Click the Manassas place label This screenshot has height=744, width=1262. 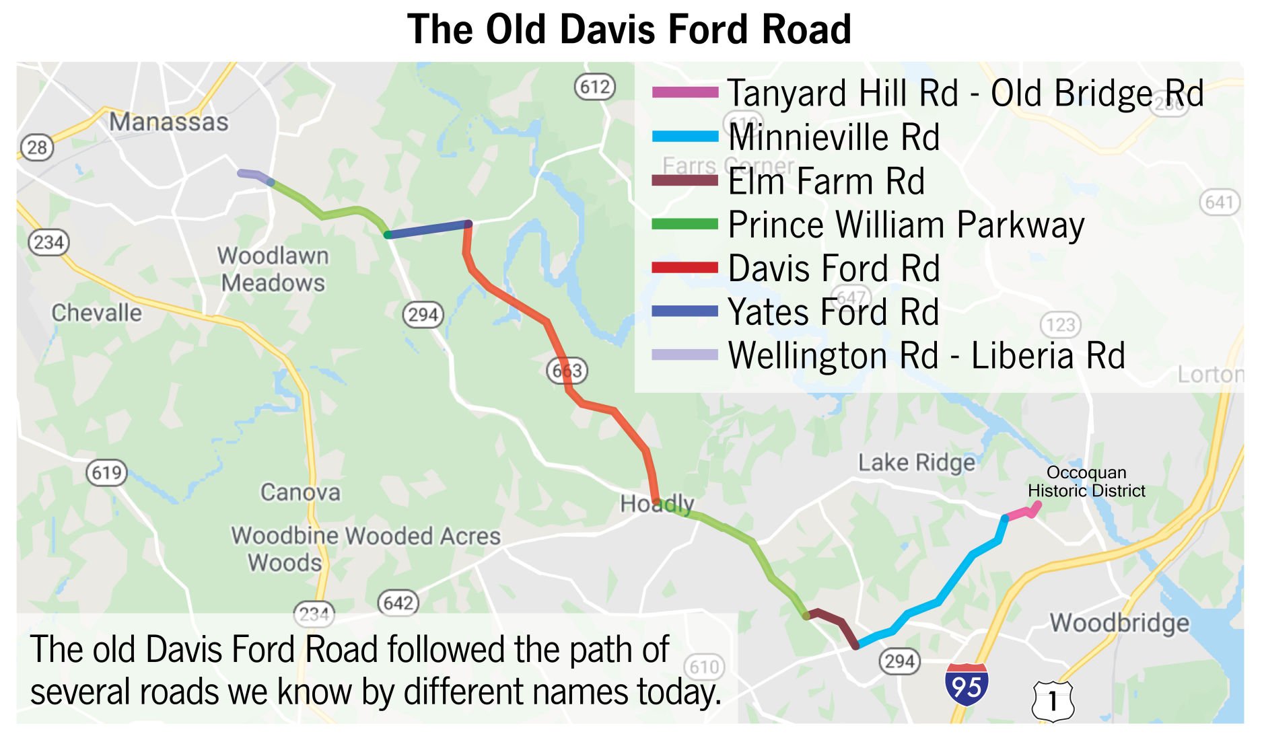tap(169, 122)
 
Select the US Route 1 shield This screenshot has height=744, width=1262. tap(1053, 701)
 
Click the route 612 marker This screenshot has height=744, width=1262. tap(595, 87)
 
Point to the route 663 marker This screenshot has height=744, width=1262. tap(567, 370)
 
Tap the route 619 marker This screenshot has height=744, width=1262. tap(106, 472)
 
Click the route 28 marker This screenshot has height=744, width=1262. tap(36, 147)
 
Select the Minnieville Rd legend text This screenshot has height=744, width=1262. tap(833, 137)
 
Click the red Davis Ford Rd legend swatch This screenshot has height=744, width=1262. tap(685, 268)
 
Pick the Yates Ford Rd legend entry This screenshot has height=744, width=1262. tap(833, 312)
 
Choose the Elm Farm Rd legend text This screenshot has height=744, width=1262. tap(827, 182)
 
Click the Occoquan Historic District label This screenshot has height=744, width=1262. tap(1086, 482)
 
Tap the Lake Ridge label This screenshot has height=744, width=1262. tap(916, 463)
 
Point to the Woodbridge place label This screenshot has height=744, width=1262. tap(1119, 623)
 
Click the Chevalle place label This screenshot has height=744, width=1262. tap(97, 313)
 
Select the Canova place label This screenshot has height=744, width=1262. tap(300, 492)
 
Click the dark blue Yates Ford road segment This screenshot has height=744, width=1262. tap(427, 229)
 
